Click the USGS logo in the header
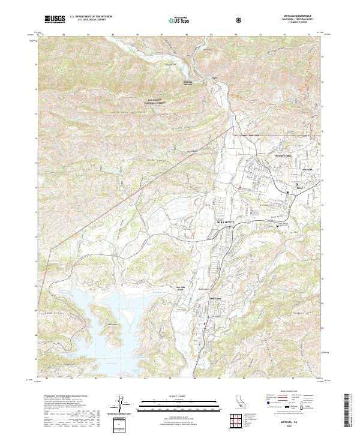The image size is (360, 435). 55,19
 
